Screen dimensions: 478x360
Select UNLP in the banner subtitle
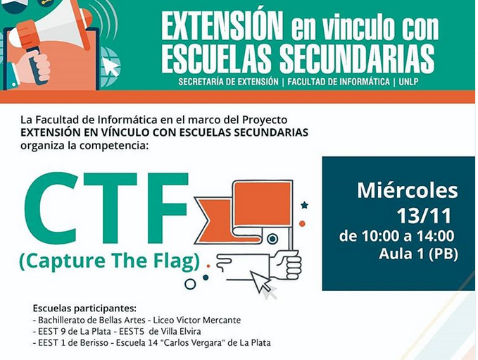pyautogui.click(x=408, y=82)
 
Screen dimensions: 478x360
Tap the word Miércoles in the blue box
pyautogui.click(x=408, y=191)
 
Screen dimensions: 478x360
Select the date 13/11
pyautogui.click(x=424, y=216)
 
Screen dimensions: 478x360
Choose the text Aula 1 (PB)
pyautogui.click(x=418, y=254)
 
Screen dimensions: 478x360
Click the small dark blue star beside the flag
pyautogui.click(x=304, y=205)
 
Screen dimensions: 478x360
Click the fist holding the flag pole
pyautogui.click(x=285, y=264)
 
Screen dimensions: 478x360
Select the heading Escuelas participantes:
pyautogui.click(x=84, y=308)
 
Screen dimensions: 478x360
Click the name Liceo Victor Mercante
pyautogui.click(x=197, y=320)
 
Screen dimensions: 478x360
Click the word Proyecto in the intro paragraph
pyautogui.click(x=265, y=120)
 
